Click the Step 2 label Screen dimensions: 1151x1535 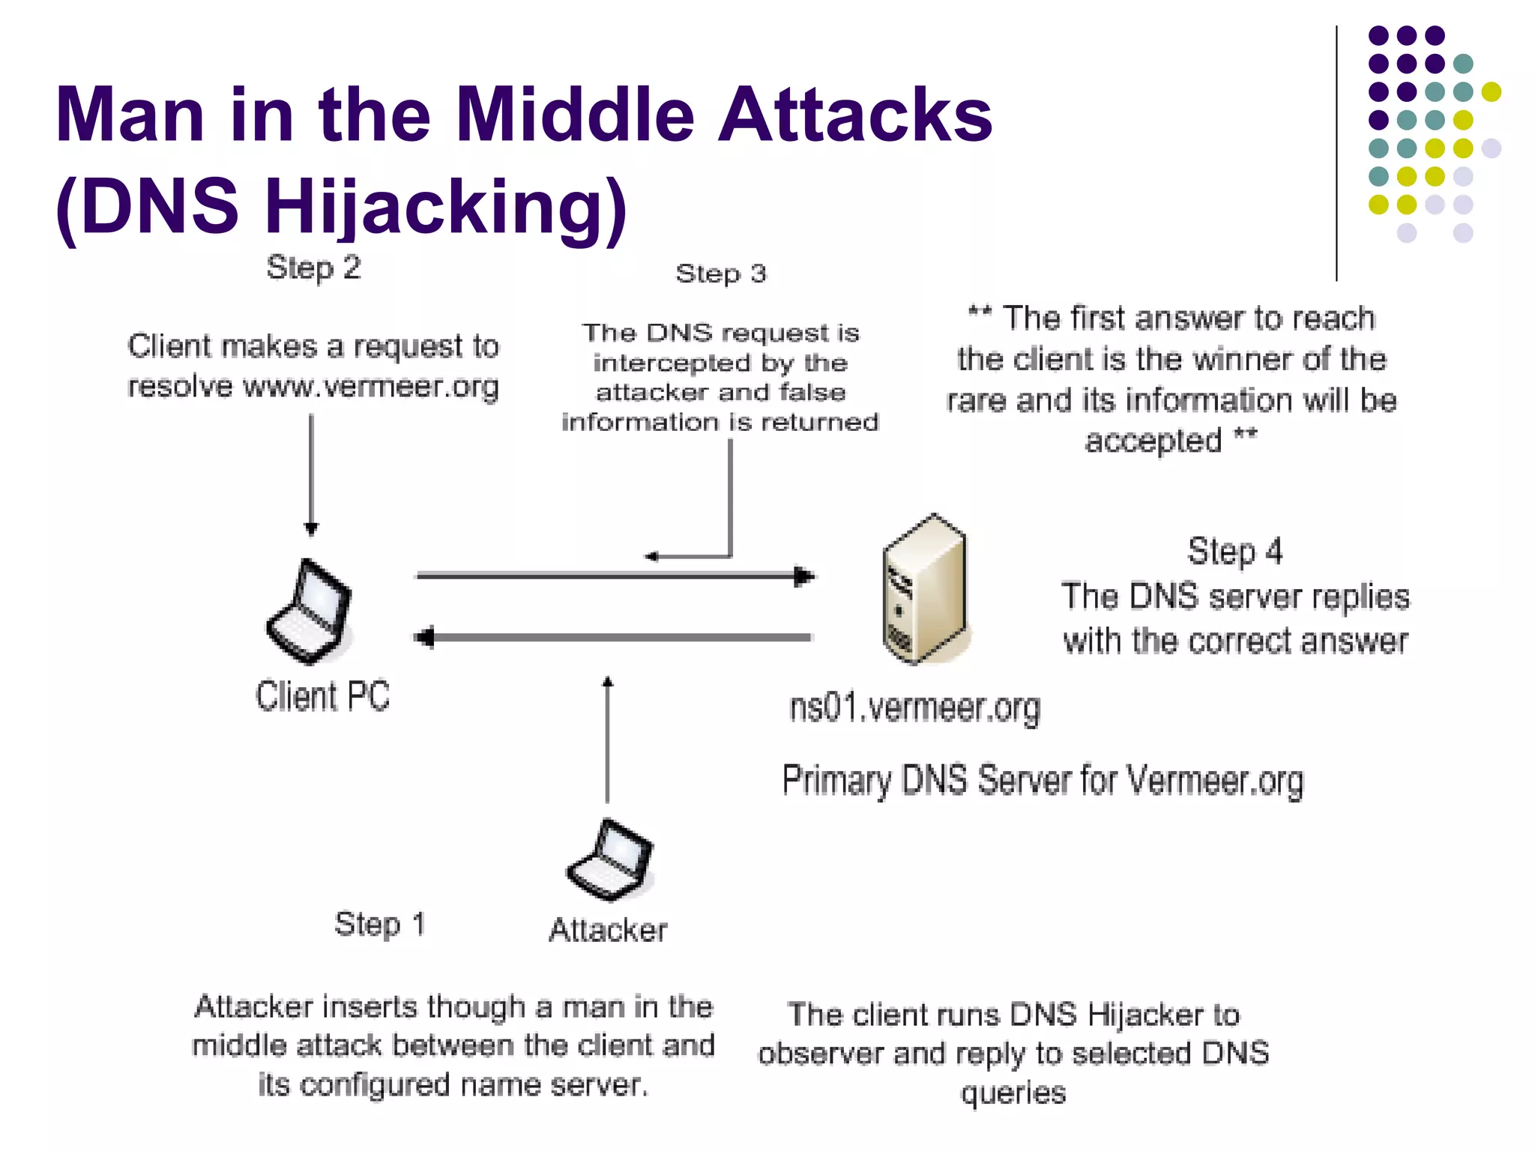point(313,268)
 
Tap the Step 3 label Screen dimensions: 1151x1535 point(720,274)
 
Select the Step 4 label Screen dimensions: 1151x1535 point(1234,552)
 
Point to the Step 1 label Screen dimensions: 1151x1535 point(380,924)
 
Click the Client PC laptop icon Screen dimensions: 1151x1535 point(310,611)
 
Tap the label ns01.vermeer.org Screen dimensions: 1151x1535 point(914,708)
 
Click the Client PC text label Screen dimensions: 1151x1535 point(322,696)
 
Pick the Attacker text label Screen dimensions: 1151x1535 point(608,930)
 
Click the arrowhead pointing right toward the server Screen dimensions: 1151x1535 point(803,576)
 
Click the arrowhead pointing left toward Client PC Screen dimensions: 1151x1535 point(424,638)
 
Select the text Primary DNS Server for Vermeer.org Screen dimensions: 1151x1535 point(1043,781)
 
